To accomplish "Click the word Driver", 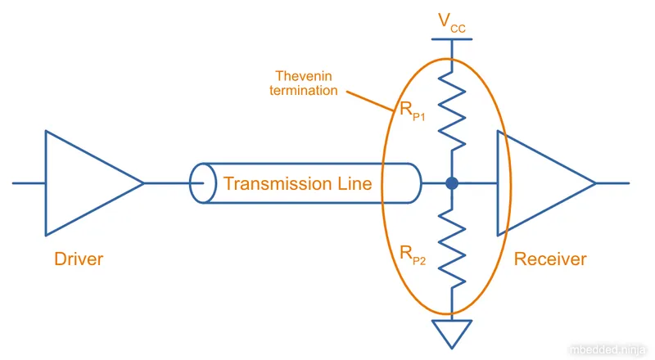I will click(79, 259).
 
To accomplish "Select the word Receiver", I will click(550, 259).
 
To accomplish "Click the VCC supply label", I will click(454, 22).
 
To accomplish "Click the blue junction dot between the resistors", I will click(452, 184).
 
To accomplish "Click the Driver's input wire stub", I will click(29, 183).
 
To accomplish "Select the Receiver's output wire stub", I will click(612, 183).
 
